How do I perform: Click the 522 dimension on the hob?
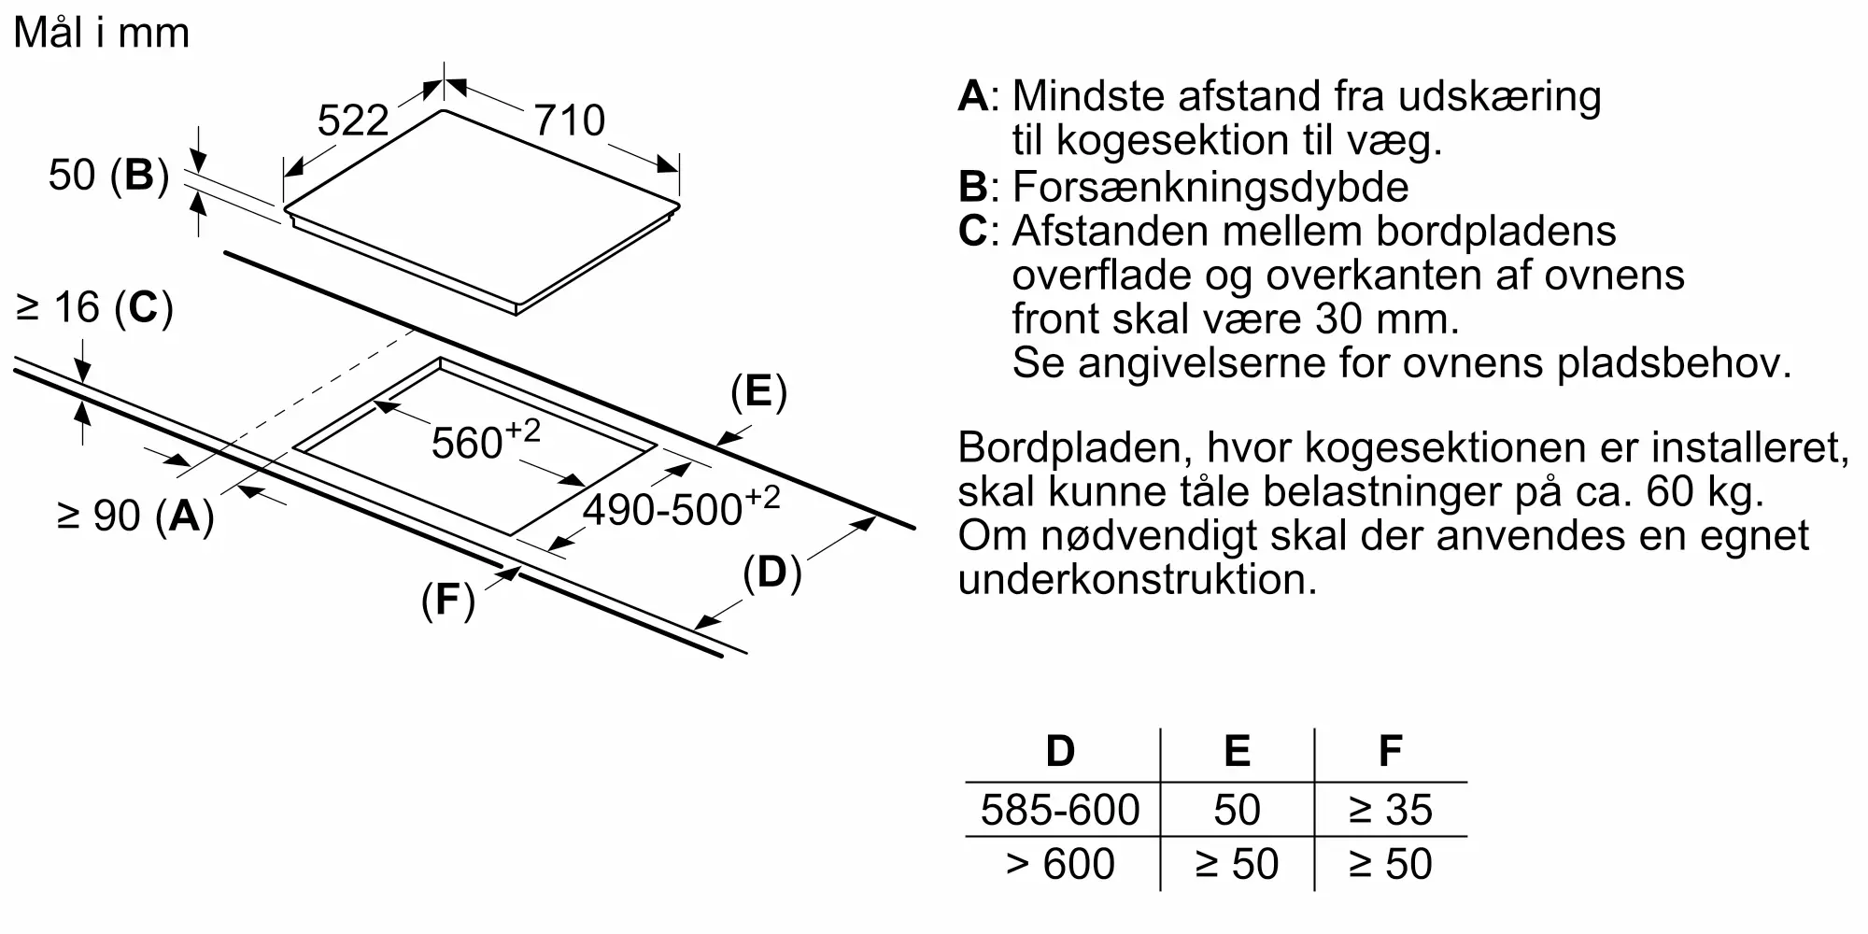click(352, 120)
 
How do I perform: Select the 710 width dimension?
click(569, 120)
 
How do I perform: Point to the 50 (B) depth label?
click(108, 176)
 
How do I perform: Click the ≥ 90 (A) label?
click(135, 515)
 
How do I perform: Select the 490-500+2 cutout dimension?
click(681, 507)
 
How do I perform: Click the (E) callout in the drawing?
click(758, 391)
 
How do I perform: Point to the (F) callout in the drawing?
click(448, 600)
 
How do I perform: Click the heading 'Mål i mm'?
click(102, 33)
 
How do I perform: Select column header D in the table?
click(1060, 751)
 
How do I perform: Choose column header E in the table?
click(1237, 751)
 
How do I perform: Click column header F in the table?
click(1391, 751)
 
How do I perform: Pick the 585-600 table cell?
click(1060, 810)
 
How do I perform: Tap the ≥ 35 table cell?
click(1391, 810)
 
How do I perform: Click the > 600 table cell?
click(1060, 864)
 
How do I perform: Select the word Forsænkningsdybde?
click(1210, 187)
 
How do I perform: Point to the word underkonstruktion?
click(1138, 579)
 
